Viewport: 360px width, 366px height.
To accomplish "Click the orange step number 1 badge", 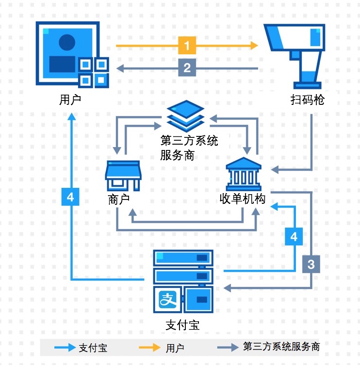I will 187,46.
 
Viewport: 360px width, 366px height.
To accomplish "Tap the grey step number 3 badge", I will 311,264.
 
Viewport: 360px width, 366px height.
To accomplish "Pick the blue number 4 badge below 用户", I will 71,197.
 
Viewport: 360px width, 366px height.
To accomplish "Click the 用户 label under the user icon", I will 69,100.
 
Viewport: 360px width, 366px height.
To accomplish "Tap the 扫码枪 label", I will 307,100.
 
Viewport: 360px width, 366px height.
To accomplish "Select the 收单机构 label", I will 242,199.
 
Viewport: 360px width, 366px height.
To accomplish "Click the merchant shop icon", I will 122,175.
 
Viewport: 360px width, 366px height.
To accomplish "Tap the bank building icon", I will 244,173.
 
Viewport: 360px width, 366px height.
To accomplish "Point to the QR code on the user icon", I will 93,71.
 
